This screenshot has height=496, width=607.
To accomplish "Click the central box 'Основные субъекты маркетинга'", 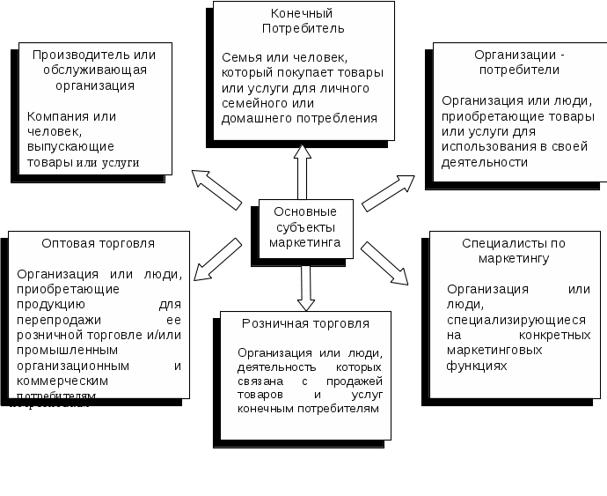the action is pos(304,227).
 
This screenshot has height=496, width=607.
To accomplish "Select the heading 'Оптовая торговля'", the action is pos(98,243).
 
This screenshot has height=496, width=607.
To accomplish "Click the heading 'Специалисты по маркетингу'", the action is pos(514,250).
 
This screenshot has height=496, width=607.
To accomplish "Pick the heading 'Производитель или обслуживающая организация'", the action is pos(89,70).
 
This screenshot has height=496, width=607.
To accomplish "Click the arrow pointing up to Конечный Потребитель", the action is pos(302,172).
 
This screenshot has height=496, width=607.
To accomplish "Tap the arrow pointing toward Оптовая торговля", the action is pos(213,258).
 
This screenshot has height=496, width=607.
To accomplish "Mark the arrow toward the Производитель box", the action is pos(216,189).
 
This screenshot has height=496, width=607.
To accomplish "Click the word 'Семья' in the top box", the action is pos(239,57).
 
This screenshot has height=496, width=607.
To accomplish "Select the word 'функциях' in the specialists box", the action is pos(477,366).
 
